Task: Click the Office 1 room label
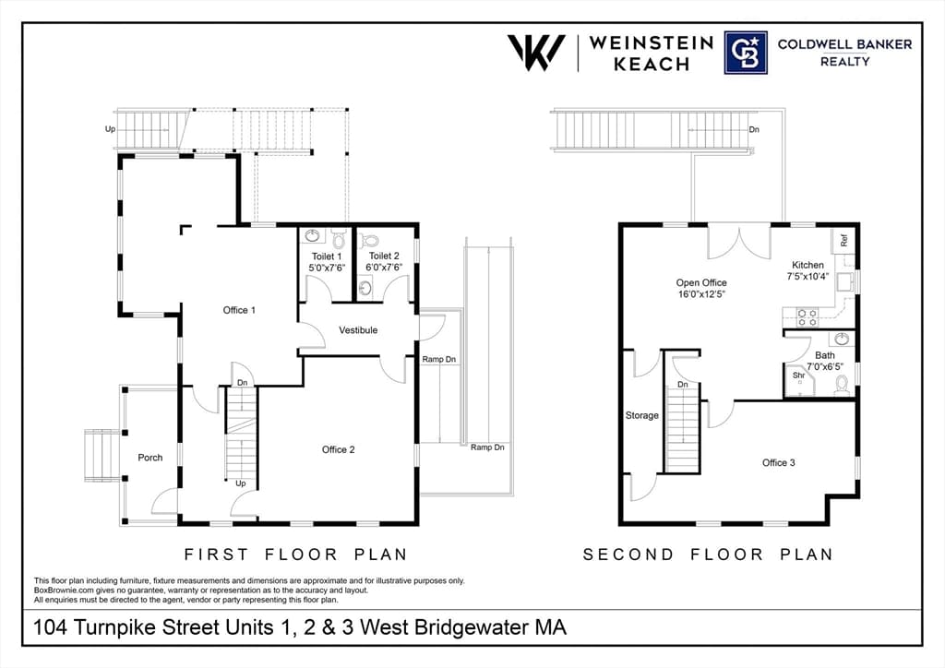[x=239, y=310]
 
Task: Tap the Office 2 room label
[x=338, y=449]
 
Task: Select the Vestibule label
[x=358, y=330]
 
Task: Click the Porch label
[x=150, y=458]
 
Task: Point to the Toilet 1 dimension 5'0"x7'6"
[x=327, y=268]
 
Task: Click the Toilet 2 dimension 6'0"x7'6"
[x=384, y=267]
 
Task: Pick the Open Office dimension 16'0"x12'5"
[x=701, y=294]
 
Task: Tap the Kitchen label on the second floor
[x=807, y=265]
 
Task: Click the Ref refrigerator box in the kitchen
[x=843, y=240]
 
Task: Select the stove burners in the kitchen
[x=807, y=316]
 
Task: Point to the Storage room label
[x=642, y=415]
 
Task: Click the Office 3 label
[x=779, y=462]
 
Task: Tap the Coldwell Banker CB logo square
[x=746, y=53]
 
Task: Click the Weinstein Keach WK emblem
[x=536, y=53]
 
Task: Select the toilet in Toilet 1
[x=338, y=239]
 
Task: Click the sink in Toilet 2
[x=365, y=288]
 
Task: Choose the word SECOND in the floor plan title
[x=628, y=555]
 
